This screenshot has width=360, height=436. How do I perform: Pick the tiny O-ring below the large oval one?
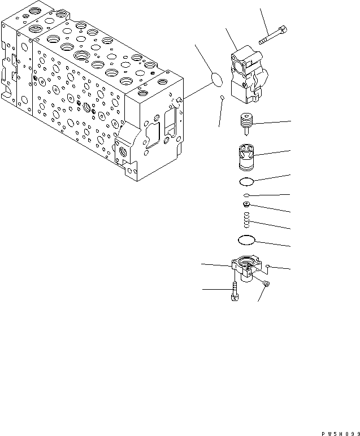pyautogui.click(x=222, y=99)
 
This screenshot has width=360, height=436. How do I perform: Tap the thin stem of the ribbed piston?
pyautogui.click(x=247, y=133)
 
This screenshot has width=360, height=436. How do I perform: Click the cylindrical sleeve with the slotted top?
pyautogui.click(x=246, y=158)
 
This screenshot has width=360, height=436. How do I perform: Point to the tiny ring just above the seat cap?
pyautogui.click(x=247, y=195)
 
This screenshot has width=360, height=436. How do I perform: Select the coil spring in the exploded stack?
pyautogui.click(x=247, y=218)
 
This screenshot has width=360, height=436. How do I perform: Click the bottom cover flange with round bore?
pyautogui.click(x=246, y=265)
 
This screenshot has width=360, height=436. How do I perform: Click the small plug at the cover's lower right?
pyautogui.click(x=267, y=284)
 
